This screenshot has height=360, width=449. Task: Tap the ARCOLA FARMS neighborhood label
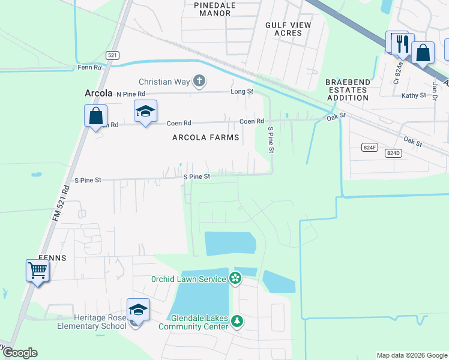206,137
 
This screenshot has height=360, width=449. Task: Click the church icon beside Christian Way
200,81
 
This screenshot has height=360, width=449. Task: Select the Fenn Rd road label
89,68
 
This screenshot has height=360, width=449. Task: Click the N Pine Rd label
131,94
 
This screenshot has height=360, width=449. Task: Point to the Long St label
243,92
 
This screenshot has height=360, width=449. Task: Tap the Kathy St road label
414,95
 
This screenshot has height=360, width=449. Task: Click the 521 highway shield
112,55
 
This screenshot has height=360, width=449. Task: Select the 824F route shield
370,147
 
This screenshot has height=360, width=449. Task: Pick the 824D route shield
393,153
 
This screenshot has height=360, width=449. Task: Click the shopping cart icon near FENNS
37,271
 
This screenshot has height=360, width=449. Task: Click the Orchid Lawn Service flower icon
235,278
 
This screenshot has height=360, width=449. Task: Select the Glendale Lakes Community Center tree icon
238,321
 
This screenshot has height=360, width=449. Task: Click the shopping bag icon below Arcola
95,115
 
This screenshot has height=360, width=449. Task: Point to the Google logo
19,353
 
